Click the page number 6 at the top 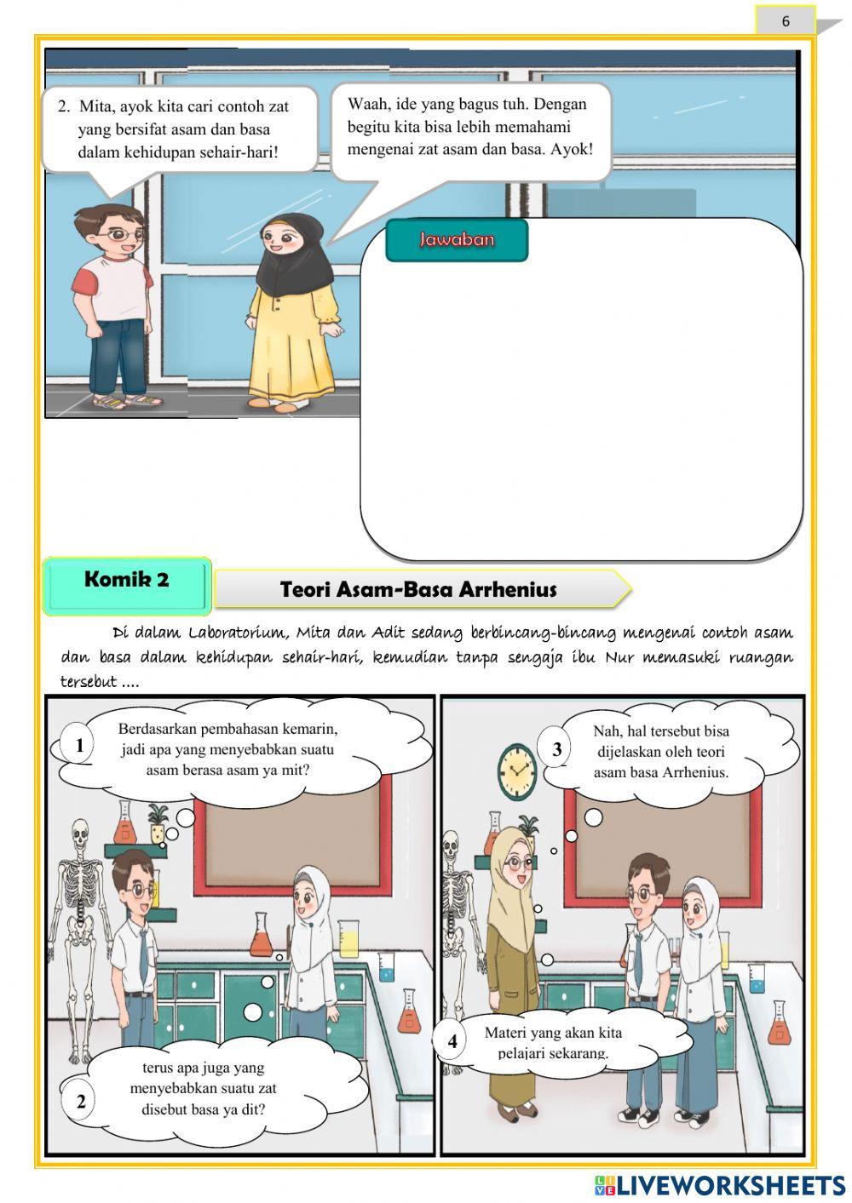786,21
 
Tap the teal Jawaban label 457,239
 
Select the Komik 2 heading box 127,586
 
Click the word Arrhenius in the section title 508,590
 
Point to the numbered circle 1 79,746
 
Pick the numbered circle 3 556,748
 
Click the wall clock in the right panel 517,770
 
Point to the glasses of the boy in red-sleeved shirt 124,234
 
